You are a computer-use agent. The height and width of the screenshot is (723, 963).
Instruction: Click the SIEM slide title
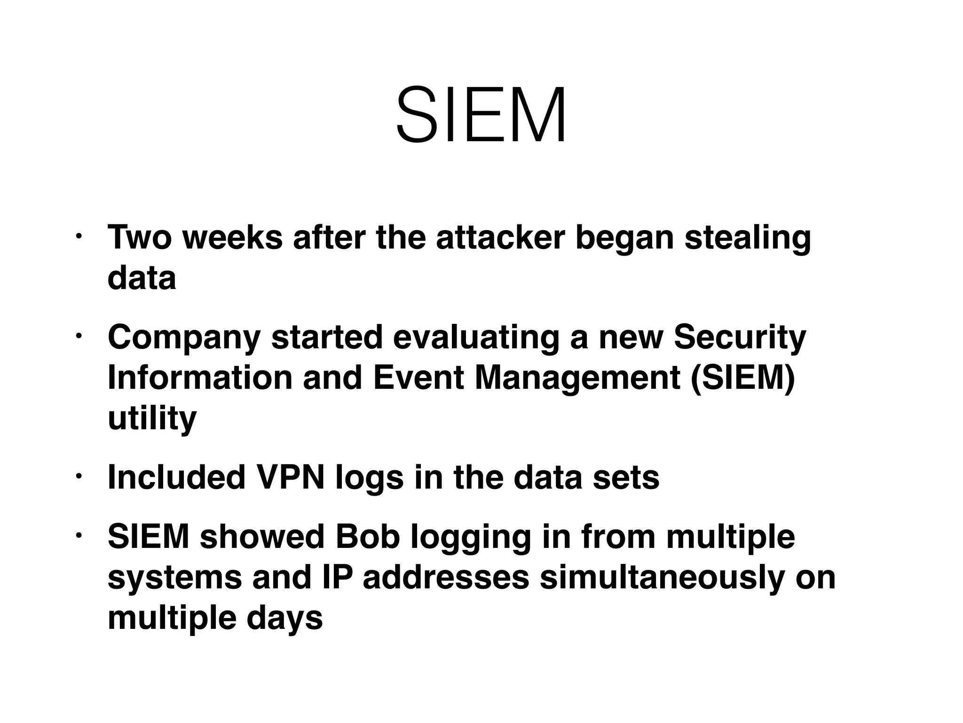click(x=481, y=114)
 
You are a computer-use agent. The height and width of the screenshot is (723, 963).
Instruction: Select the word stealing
click(x=748, y=238)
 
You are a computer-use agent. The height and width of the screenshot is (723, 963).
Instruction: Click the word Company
click(x=184, y=338)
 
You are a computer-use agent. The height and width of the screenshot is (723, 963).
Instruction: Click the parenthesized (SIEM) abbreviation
click(x=743, y=378)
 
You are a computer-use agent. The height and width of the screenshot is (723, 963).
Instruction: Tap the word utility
click(x=152, y=418)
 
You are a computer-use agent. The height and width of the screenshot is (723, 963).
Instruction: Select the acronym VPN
click(x=290, y=478)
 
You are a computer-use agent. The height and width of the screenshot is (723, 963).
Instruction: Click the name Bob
click(x=367, y=537)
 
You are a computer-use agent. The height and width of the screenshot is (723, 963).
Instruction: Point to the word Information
click(x=200, y=378)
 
